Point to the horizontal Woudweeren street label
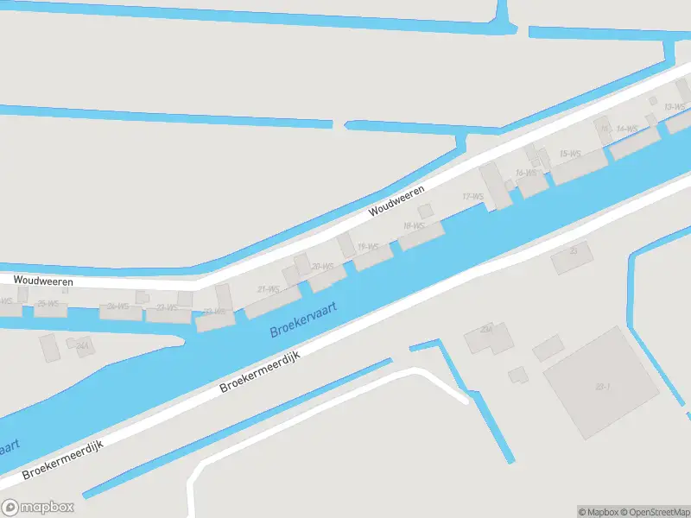[x=42, y=281]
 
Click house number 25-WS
[x=47, y=304]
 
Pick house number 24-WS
[x=117, y=306]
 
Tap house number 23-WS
[x=167, y=307]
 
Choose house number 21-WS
[x=268, y=289]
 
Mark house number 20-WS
[x=322, y=267]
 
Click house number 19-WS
[x=367, y=247]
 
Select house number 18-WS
[x=414, y=226]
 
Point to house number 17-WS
[x=472, y=197]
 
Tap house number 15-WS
[x=569, y=154]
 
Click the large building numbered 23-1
[x=601, y=386]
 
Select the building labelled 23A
[x=486, y=330]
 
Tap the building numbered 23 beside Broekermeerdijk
[x=573, y=251]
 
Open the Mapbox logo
[x=38, y=508]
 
